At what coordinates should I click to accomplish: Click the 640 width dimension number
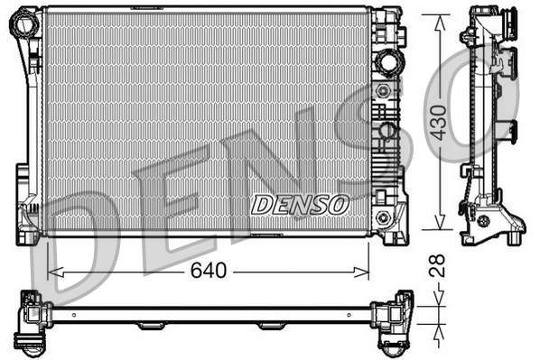210,271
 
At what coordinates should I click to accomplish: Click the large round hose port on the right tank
389,62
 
